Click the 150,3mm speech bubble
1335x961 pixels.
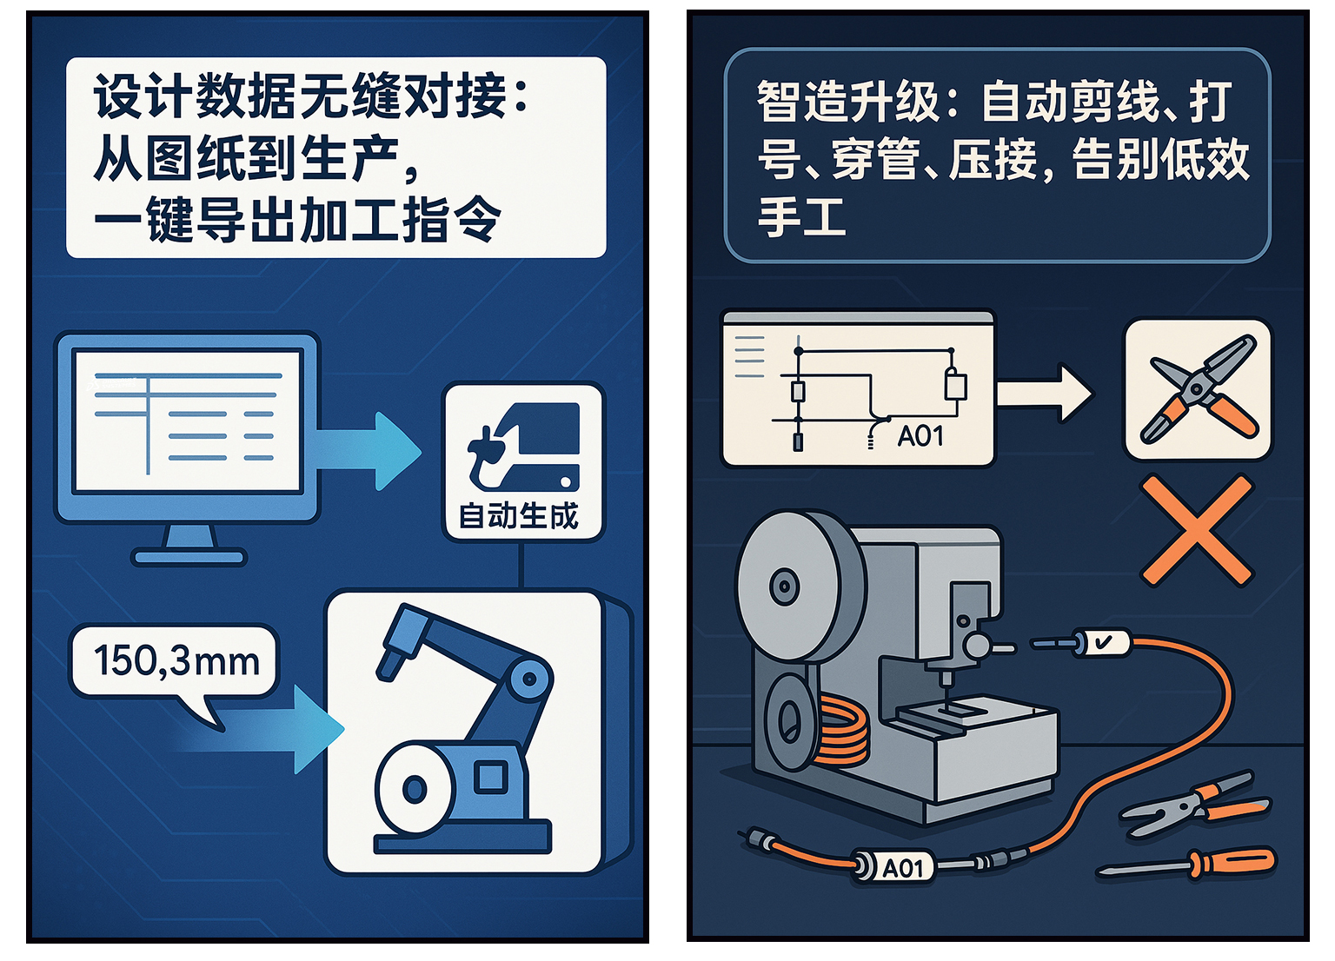pos(175,662)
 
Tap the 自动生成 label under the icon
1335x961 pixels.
pos(518,516)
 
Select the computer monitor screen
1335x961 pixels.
pos(188,421)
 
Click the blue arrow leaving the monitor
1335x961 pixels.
pos(374,451)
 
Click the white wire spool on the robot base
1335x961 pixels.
pos(413,788)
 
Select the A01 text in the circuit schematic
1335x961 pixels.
pos(920,435)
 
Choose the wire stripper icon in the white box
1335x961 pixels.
pos(1198,389)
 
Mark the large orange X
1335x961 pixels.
pos(1197,531)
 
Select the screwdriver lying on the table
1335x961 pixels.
pos(1191,865)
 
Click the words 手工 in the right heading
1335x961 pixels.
pos(801,217)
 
